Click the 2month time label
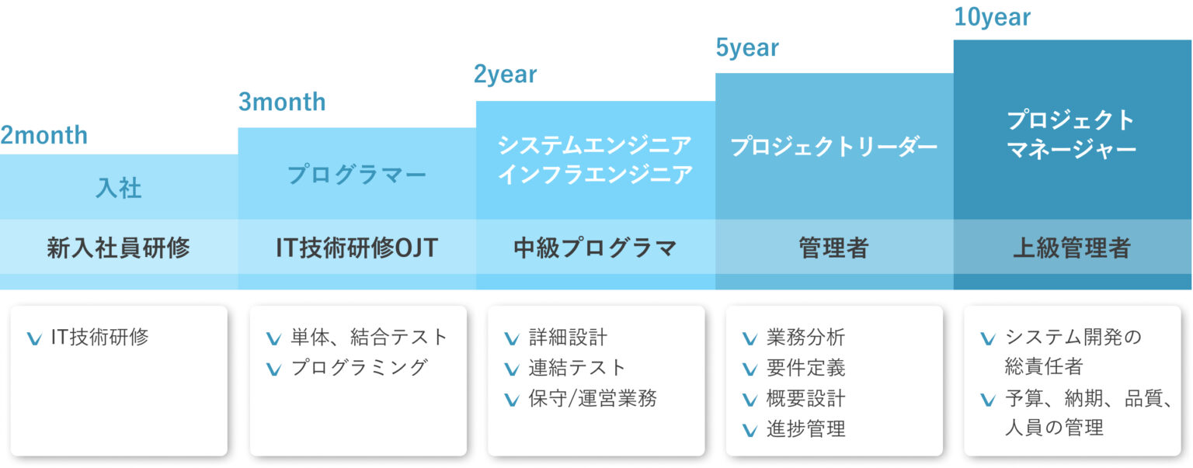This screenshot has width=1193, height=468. click(44, 135)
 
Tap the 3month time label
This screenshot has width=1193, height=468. click(282, 102)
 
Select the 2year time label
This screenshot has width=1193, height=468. click(506, 75)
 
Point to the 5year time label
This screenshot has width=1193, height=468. click(747, 48)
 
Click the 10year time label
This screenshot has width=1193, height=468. click(992, 18)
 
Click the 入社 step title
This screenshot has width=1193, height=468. click(119, 189)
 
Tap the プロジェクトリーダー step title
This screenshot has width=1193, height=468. click(834, 147)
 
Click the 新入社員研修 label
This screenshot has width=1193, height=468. click(118, 248)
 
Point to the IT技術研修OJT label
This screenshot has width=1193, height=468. click(357, 248)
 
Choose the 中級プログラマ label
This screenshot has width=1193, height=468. click(596, 248)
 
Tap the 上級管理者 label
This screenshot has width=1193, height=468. click(1072, 248)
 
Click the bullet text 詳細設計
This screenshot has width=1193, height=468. click(568, 337)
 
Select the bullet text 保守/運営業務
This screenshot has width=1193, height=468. click(593, 398)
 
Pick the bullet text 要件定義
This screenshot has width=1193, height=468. click(805, 368)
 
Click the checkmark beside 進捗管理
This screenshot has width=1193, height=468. click(750, 430)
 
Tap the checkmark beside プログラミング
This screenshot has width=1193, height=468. click(273, 369)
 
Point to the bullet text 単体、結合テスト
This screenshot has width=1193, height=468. click(369, 337)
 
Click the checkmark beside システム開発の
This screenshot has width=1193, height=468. click(988, 338)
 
